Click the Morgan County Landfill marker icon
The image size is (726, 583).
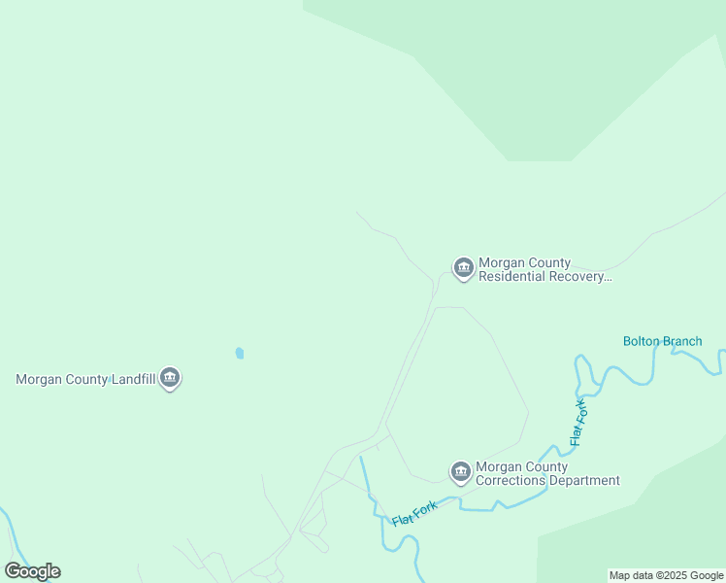170,377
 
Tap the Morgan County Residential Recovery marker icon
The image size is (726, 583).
463,267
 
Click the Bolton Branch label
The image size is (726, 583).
662,341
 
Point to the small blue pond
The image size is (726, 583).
240,353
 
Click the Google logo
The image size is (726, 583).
33,571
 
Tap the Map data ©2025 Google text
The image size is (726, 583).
666,575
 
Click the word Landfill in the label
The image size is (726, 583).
127,379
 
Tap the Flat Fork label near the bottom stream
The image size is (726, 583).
416,514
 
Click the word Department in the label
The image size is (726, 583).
583,481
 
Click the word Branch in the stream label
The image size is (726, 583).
682,341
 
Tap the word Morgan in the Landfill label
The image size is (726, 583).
38,379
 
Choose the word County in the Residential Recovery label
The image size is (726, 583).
546,263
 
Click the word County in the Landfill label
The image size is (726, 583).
83,379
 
